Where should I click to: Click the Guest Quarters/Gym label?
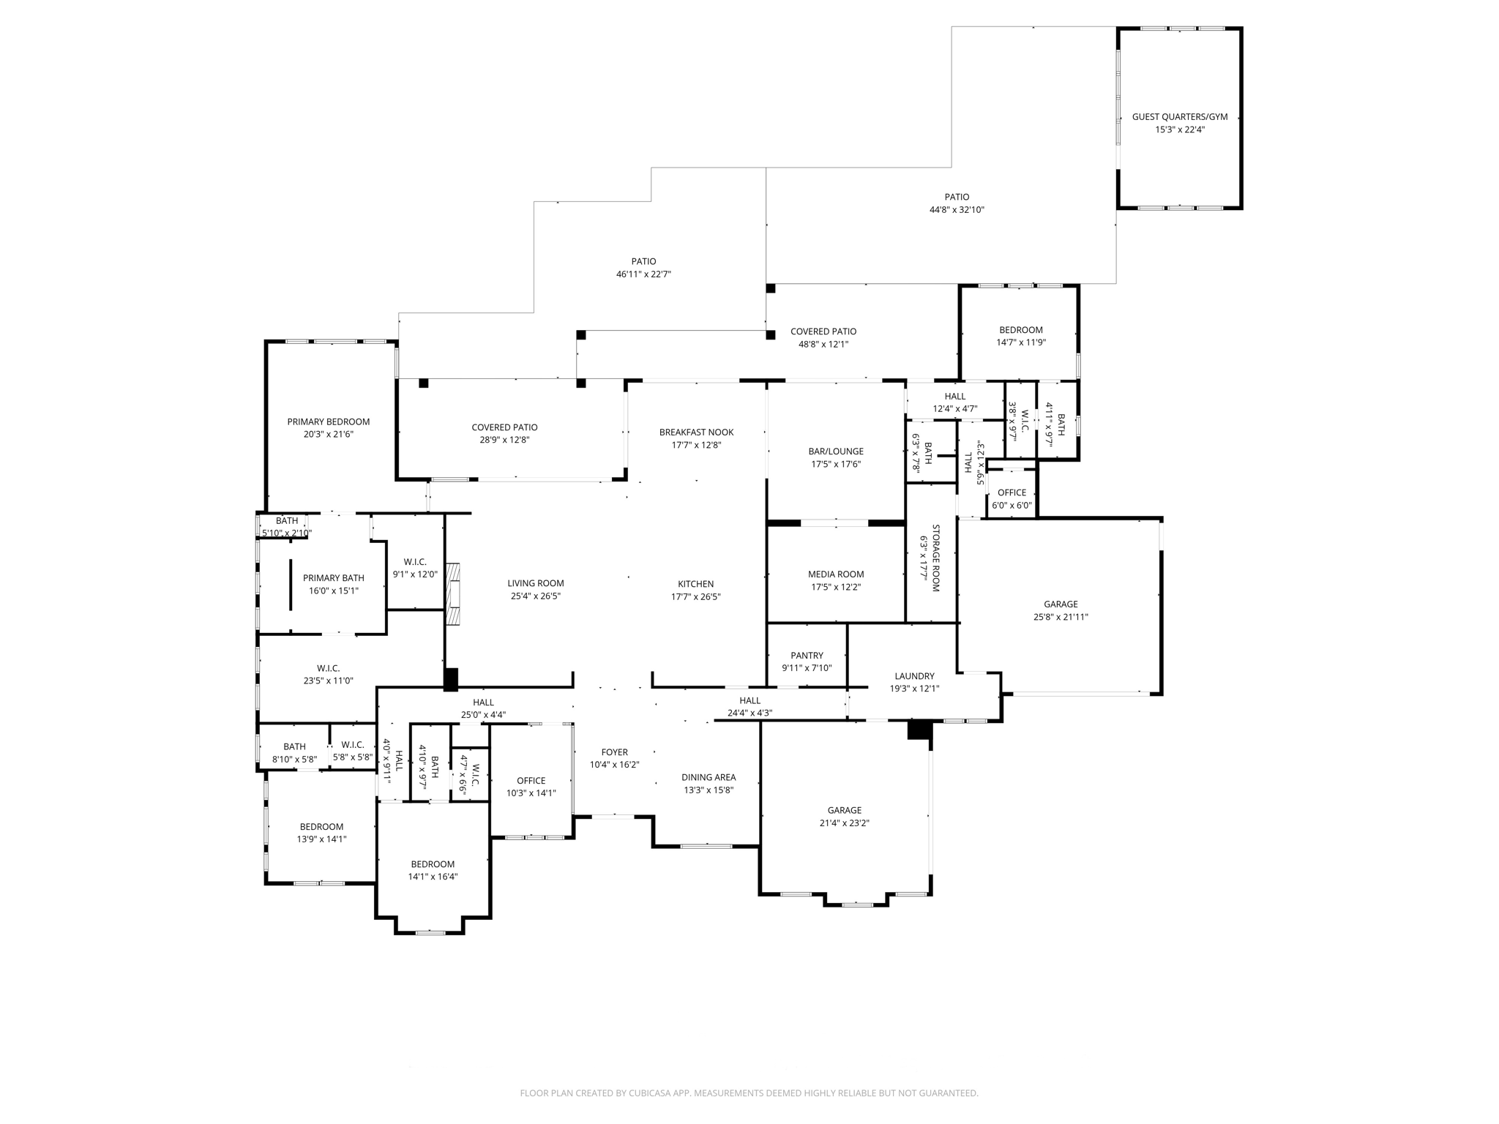(x=1179, y=117)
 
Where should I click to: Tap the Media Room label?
(x=836, y=574)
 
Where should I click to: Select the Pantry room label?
(x=807, y=656)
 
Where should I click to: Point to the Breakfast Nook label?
(x=696, y=432)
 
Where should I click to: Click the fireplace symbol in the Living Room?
(x=454, y=594)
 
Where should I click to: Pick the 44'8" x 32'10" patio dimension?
(x=957, y=210)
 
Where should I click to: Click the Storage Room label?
(x=935, y=558)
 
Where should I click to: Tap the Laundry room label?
(x=914, y=676)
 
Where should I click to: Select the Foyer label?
(x=614, y=752)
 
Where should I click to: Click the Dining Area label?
(x=709, y=777)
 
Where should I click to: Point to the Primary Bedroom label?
(x=328, y=421)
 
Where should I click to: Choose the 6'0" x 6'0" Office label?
(x=1012, y=492)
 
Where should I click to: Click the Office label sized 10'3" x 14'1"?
(x=531, y=781)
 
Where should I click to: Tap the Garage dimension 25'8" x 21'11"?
(x=1061, y=617)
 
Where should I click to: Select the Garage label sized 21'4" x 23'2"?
(x=844, y=810)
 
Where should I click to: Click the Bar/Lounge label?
(x=836, y=452)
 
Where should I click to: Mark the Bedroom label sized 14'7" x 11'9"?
(x=1020, y=330)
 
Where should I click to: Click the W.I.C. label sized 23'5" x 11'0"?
(x=328, y=668)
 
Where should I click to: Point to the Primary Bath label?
(x=333, y=578)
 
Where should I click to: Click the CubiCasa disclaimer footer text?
(x=749, y=1093)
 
